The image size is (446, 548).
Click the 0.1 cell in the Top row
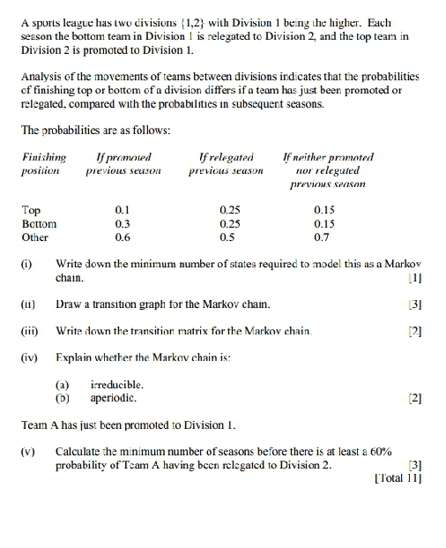point(123,211)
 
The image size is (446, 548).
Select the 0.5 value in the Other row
point(227,237)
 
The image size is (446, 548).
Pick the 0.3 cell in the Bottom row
point(123,224)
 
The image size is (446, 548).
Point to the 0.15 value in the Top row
point(323,211)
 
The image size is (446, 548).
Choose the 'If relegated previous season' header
point(227,163)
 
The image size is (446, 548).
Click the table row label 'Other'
point(35,237)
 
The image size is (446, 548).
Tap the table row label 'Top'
point(31,211)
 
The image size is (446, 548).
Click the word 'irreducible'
point(117,385)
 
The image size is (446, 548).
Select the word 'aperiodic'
point(115,398)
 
